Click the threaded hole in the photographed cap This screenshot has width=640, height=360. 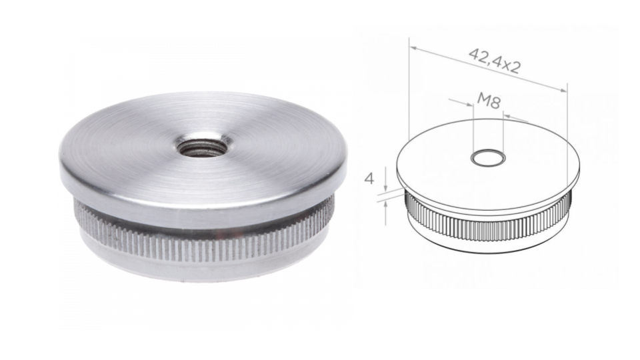point(202,146)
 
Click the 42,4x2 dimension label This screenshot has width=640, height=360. point(495,60)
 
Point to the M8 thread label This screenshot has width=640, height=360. point(489,101)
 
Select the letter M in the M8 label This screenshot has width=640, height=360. point(483,101)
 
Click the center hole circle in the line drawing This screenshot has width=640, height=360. point(487,158)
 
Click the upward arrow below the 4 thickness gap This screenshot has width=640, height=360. point(386,203)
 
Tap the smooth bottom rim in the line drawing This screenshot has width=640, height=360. point(487,245)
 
